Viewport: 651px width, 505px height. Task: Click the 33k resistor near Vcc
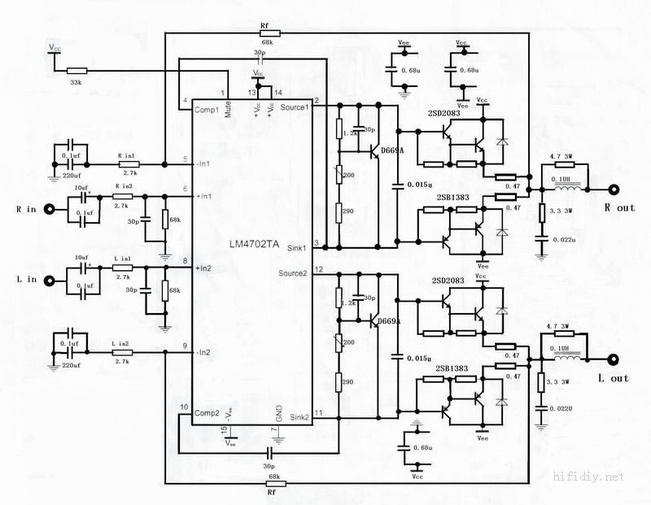pyautogui.click(x=78, y=72)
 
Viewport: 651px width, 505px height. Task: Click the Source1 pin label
pyautogui.click(x=295, y=107)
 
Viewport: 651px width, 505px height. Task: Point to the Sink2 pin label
pyautogui.click(x=299, y=417)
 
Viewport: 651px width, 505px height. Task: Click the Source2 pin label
pyautogui.click(x=294, y=272)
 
